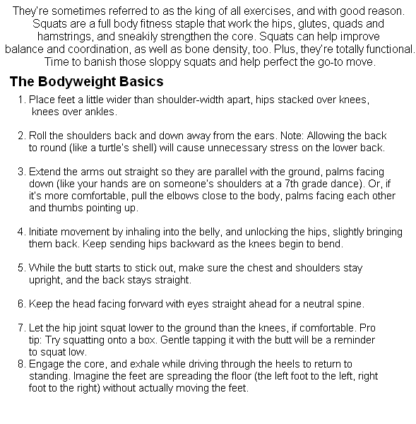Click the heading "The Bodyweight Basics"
coord(86,81)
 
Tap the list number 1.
coord(22,100)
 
